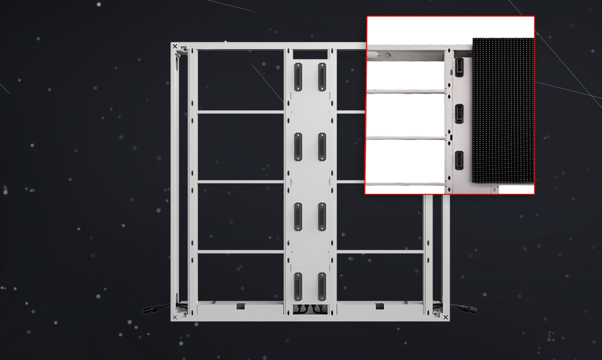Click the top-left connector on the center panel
298,77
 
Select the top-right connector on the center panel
322,77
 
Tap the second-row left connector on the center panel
298,147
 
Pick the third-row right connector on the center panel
322,217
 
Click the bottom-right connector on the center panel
322,286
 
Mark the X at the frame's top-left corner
175,47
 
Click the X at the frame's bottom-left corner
175,317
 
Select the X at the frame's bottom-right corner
445,317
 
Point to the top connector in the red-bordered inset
459,67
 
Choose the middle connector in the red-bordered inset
459,113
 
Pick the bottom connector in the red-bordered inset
459,160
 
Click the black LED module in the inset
503,110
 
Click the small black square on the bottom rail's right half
379,306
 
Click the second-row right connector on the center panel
322,147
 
